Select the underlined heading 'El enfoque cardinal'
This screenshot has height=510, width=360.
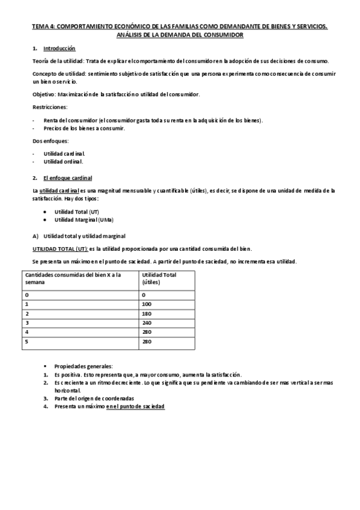click(67, 178)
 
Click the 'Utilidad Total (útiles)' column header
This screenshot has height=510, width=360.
click(159, 278)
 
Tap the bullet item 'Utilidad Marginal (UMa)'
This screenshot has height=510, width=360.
click(81, 220)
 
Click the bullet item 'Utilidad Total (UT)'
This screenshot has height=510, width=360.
click(76, 212)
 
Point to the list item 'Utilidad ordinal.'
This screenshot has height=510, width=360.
click(64, 162)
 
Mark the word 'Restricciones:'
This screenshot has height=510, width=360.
click(49, 106)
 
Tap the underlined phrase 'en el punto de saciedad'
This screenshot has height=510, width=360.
click(135, 407)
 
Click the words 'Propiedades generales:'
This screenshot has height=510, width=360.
click(83, 366)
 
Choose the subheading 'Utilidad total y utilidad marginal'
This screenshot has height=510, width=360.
click(88, 235)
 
